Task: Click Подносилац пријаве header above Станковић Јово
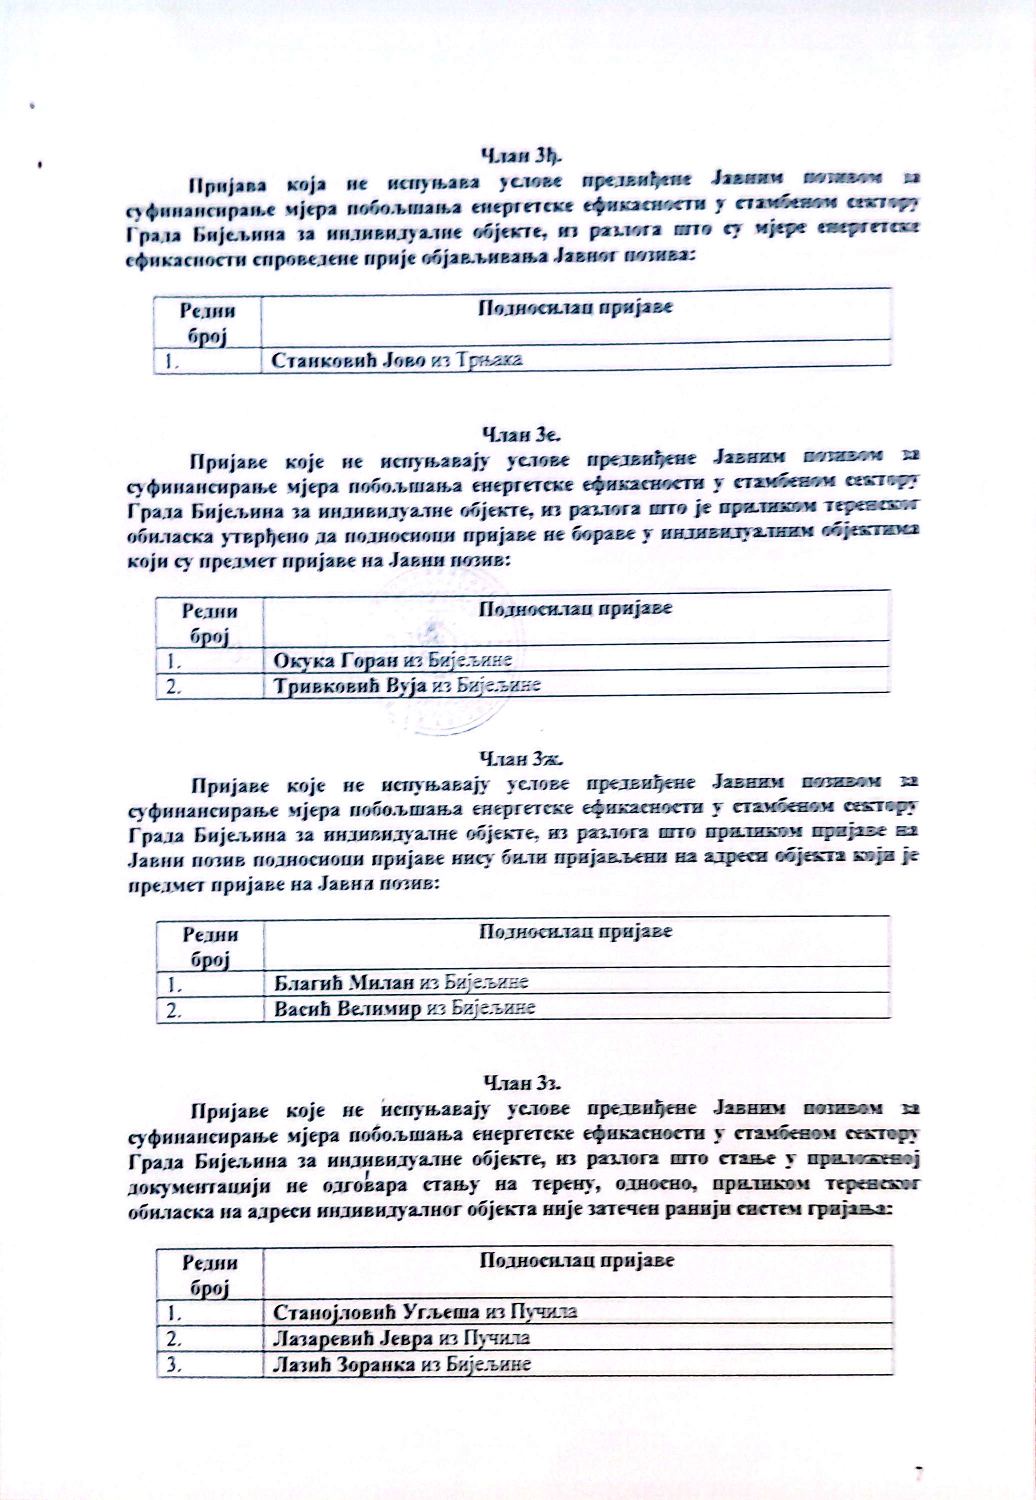[575, 307]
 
